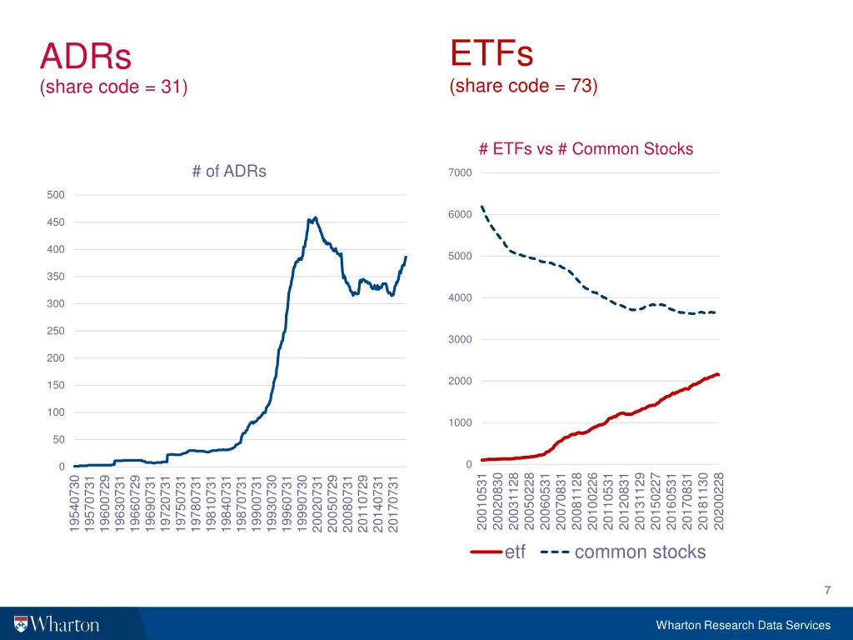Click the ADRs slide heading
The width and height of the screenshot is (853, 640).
[x=86, y=57]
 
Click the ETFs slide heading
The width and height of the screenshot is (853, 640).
[x=491, y=53]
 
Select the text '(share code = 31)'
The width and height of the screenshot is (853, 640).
[x=113, y=87]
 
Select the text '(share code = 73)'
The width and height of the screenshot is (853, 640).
[x=523, y=86]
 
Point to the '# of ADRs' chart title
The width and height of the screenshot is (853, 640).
[x=229, y=172]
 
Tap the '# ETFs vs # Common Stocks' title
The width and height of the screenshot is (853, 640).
[x=586, y=149]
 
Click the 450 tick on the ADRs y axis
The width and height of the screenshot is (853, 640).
[x=55, y=222]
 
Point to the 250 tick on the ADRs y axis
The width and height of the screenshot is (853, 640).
[x=55, y=331]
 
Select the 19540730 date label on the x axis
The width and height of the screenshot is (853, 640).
[x=75, y=503]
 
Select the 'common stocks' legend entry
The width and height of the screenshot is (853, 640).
[x=639, y=552]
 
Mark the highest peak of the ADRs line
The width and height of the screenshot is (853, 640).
[x=315, y=217]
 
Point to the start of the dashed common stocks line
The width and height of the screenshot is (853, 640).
[x=482, y=207]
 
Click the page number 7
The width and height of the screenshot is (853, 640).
[x=826, y=591]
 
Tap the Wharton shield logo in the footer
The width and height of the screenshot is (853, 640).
[x=21, y=624]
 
